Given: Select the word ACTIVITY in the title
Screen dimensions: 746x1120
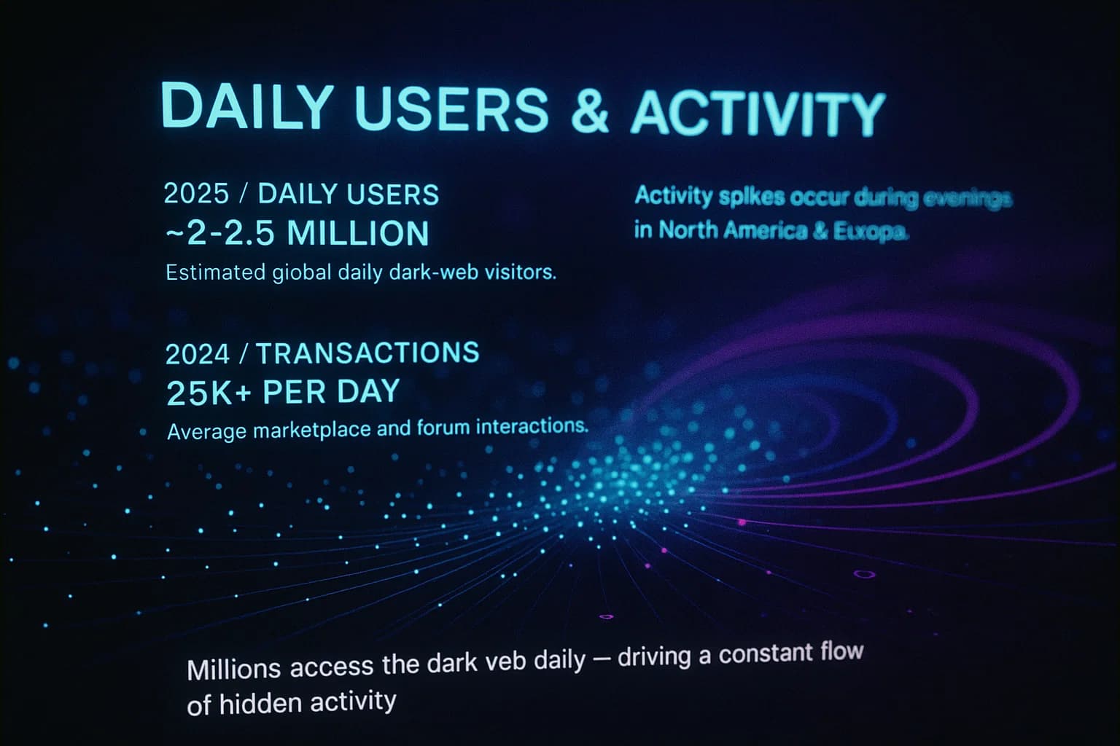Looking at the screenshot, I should [758, 114].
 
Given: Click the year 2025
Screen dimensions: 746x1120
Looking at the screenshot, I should [196, 194].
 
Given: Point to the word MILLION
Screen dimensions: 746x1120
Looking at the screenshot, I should [358, 233].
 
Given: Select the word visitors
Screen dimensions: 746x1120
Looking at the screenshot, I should [521, 272].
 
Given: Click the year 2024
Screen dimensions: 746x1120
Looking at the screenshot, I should [197, 354].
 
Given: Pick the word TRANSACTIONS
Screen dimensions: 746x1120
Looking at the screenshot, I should [367, 353].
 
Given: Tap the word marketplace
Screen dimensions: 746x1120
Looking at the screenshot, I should [313, 430].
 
